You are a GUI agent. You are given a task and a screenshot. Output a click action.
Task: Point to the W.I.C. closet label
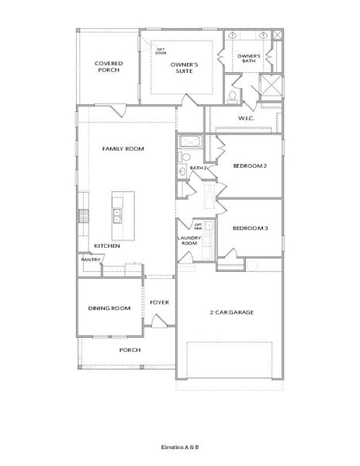point(247,118)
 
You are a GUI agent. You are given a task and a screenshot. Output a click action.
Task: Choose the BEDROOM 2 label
point(250,165)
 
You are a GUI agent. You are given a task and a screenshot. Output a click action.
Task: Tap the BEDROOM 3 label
point(250,228)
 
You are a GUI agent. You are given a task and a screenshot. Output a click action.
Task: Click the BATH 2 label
point(197,167)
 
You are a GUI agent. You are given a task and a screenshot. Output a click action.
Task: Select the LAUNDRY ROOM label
point(189,242)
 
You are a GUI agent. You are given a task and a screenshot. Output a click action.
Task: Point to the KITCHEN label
point(106,245)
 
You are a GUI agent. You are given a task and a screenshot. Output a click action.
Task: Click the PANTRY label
point(89,260)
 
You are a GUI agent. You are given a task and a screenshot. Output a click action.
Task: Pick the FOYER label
point(160,301)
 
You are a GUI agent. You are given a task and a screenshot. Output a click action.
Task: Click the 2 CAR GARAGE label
point(232,312)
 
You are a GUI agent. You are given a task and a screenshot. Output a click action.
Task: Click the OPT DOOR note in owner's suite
point(161,51)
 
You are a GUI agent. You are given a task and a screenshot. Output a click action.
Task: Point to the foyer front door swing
point(158,320)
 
